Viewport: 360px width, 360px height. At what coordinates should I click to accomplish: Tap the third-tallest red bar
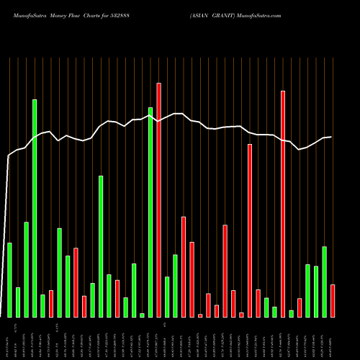click(x=250, y=230)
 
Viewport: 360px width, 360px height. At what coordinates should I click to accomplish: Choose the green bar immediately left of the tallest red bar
click(x=150, y=212)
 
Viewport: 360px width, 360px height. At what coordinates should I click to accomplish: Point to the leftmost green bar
click(x=9, y=280)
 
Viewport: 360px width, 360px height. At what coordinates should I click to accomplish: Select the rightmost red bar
click(x=333, y=301)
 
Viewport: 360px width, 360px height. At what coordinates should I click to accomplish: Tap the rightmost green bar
click(x=325, y=282)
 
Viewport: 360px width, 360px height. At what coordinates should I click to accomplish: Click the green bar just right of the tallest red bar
click(x=167, y=297)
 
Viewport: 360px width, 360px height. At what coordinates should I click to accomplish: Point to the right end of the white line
click(x=331, y=137)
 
